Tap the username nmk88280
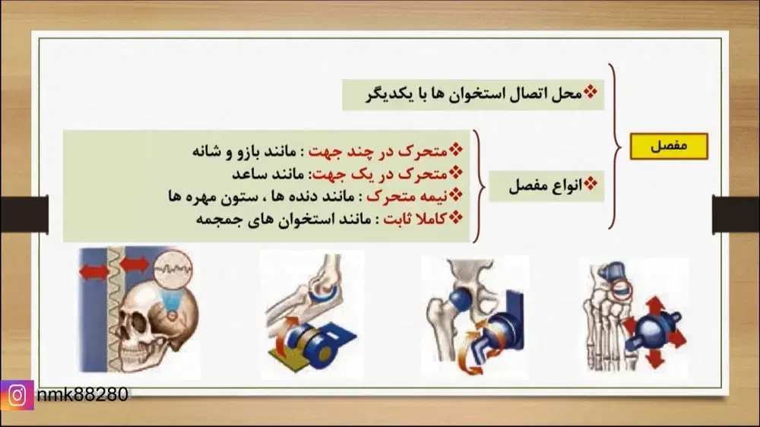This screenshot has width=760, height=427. [81, 394]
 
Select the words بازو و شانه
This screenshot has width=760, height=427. [229, 150]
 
